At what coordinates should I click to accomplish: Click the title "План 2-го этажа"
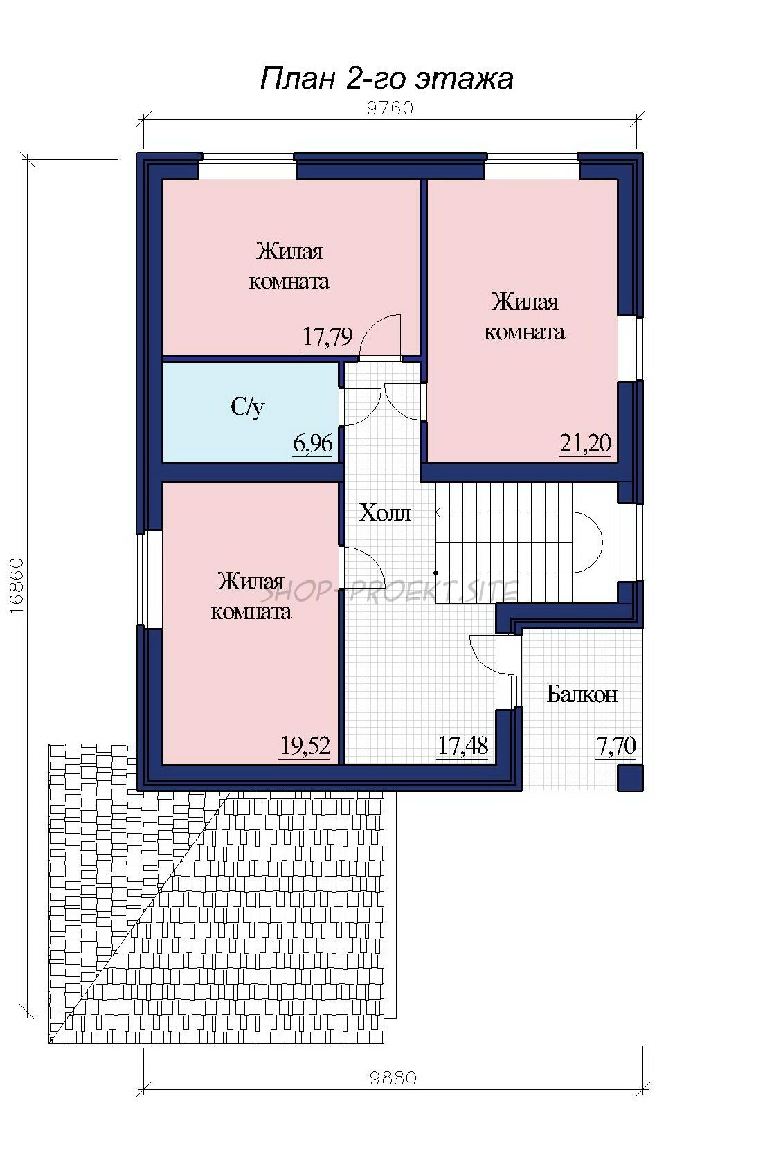pyautogui.click(x=386, y=79)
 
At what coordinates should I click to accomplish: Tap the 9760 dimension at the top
pyautogui.click(x=390, y=108)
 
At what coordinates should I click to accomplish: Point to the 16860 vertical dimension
pyautogui.click(x=16, y=585)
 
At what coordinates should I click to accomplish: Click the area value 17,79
pyautogui.click(x=327, y=336)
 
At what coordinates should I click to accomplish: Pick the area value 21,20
pyautogui.click(x=585, y=443)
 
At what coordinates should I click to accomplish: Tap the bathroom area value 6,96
pyautogui.click(x=312, y=444)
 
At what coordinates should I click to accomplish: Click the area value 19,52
pyautogui.click(x=305, y=746)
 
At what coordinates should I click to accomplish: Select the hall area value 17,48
pyautogui.click(x=462, y=746)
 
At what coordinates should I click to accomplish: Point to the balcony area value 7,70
pyautogui.click(x=616, y=746)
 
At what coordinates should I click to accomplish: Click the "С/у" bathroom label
pyautogui.click(x=248, y=407)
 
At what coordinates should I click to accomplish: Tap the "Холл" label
pyautogui.click(x=384, y=512)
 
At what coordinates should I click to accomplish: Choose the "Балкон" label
pyautogui.click(x=582, y=694)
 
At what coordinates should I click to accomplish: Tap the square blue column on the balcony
pyautogui.click(x=630, y=778)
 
